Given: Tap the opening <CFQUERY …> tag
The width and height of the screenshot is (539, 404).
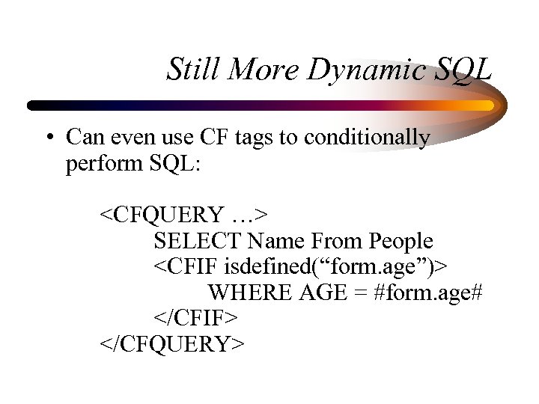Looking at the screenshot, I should pos(185,215).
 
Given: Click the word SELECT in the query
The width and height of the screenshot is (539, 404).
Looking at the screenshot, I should pos(198,241).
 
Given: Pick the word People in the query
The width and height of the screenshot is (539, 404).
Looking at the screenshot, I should pos(401,241).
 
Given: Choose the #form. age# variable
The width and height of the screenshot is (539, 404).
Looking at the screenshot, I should pos(427,293).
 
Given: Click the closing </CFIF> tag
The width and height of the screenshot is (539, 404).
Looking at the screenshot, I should pos(196,318).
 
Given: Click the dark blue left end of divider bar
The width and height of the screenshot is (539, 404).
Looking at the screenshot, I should pos(37,105).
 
